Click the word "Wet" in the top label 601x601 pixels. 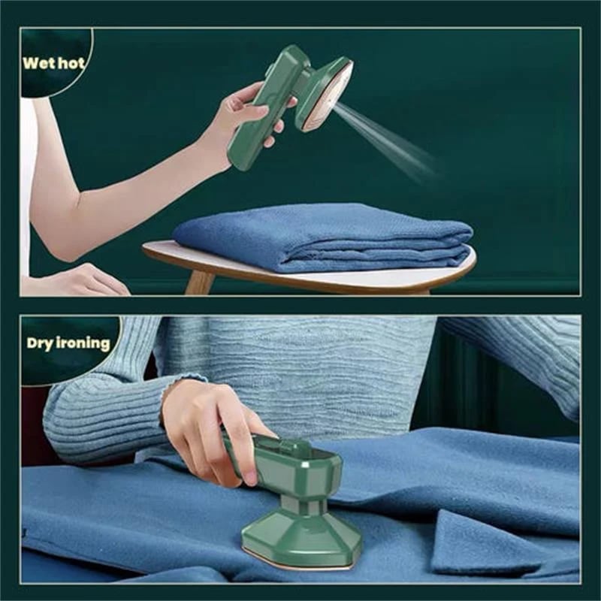tap(38, 62)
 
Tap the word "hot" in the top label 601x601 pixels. tap(71, 62)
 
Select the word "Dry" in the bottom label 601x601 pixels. tap(42, 344)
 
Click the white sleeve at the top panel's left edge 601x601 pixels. tap(27, 188)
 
